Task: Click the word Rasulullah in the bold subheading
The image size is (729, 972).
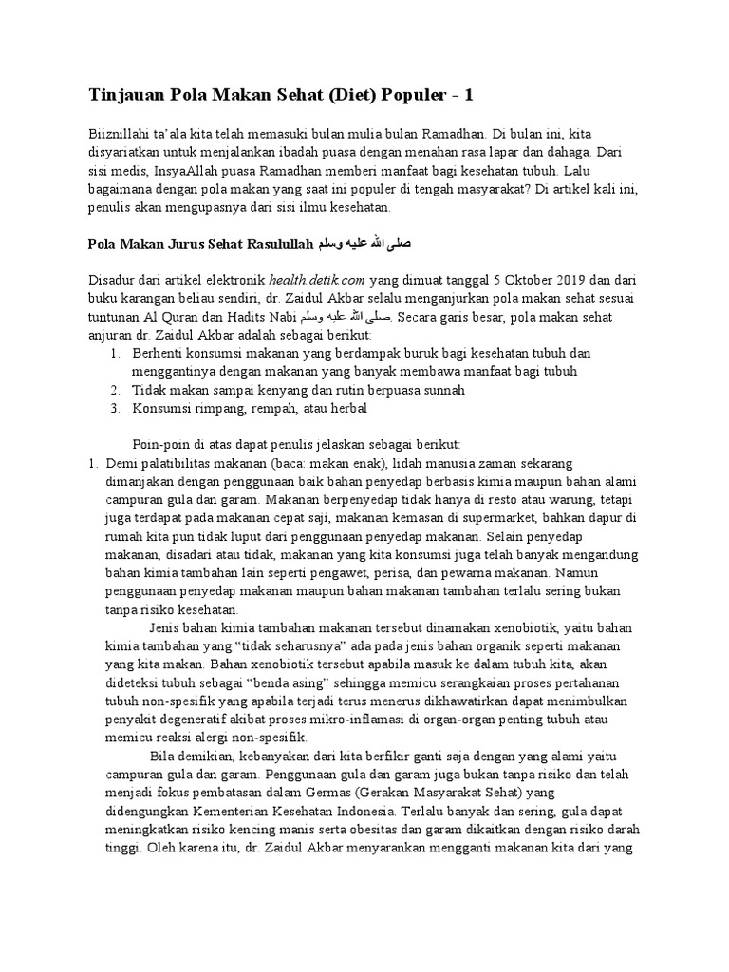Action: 273,244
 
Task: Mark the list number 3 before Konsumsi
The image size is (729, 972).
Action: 112,409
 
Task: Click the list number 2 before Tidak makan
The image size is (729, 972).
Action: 112,390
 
